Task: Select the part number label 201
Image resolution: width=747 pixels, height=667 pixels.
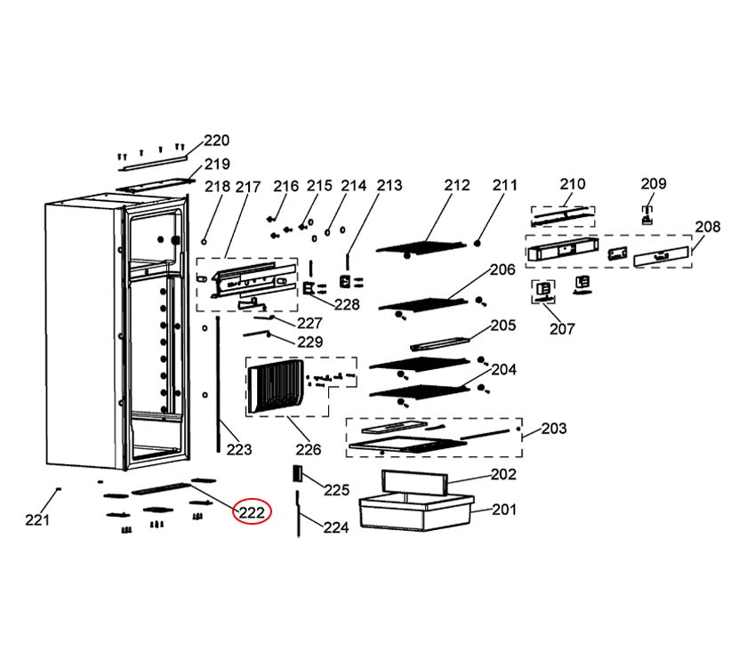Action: tap(503, 510)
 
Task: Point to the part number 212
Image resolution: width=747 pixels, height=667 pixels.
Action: tap(456, 185)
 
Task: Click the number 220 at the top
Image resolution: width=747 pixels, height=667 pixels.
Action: tap(216, 140)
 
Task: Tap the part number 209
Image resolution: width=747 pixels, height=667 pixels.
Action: tap(653, 183)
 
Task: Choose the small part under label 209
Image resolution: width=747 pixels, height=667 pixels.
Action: tap(649, 213)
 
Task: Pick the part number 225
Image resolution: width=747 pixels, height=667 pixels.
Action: tap(336, 490)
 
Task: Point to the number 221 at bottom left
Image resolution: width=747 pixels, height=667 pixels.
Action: tap(36, 519)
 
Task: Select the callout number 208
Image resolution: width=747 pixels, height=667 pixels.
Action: tap(707, 227)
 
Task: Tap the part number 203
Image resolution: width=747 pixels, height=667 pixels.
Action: tap(553, 429)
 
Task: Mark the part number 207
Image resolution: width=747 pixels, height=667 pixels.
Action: tap(562, 328)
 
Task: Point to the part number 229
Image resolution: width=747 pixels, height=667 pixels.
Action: tap(309, 342)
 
